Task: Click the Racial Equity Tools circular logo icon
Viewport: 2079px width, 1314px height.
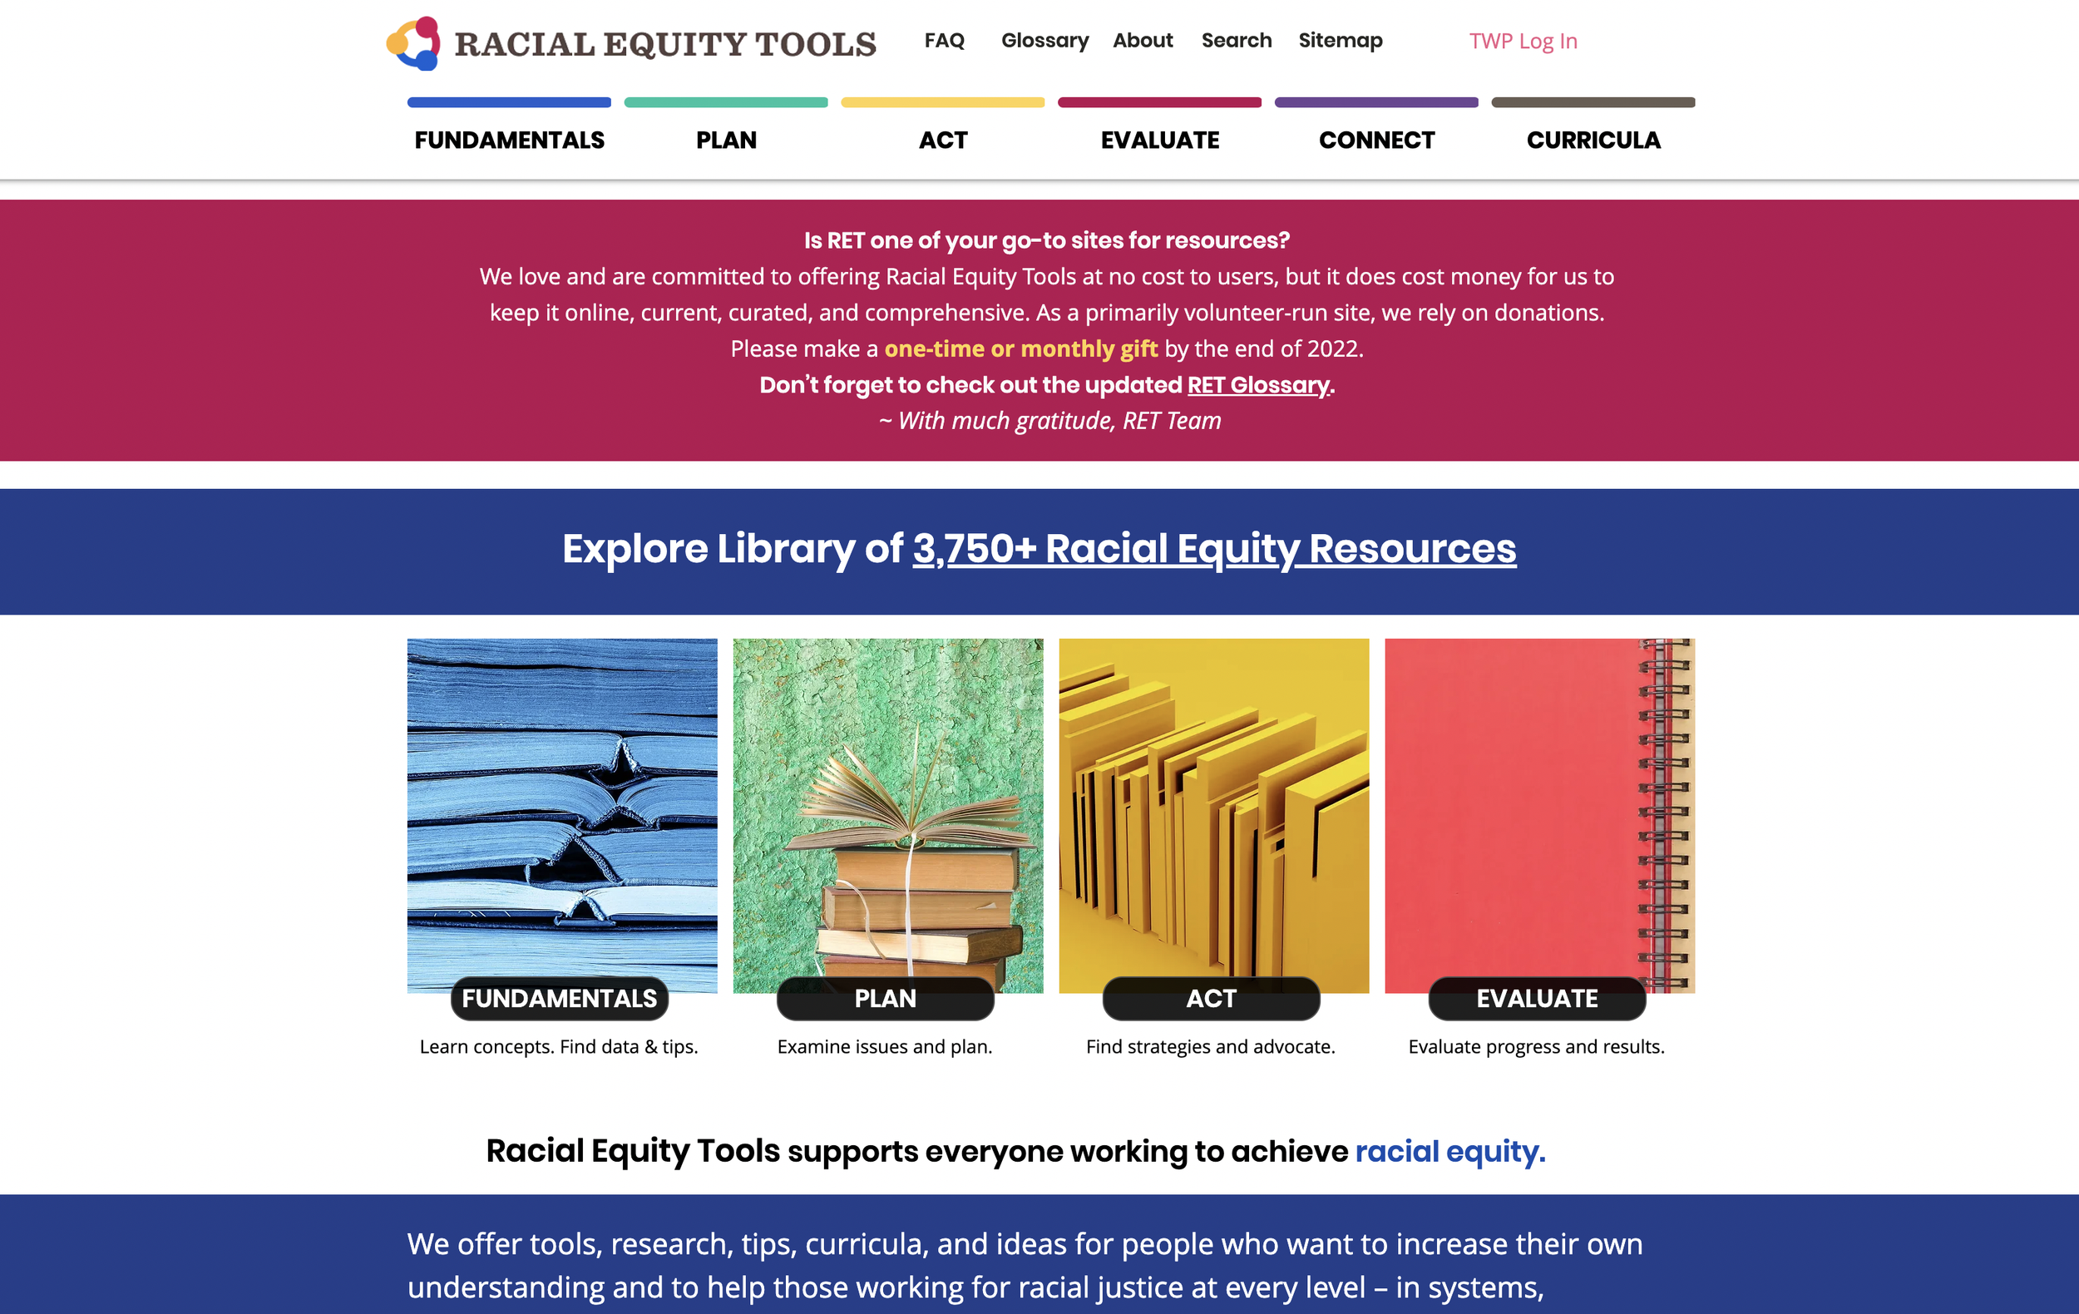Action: [413, 43]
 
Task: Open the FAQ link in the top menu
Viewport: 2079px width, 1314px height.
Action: [944, 41]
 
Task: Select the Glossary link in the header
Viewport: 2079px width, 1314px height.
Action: [1044, 41]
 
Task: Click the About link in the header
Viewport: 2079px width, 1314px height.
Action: [1143, 41]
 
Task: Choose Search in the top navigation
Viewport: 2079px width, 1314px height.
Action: [1237, 41]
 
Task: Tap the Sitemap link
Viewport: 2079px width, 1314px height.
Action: [1340, 41]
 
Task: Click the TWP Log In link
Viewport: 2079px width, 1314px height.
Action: [1523, 42]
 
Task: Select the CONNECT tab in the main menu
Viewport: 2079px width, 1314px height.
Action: [1376, 140]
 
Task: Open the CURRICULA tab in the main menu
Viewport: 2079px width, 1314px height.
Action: [1593, 140]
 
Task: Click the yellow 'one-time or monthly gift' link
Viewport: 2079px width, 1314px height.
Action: [1020, 348]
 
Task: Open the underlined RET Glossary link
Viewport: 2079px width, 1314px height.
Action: [1258, 385]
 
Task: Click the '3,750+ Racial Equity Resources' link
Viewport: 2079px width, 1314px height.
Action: [1214, 549]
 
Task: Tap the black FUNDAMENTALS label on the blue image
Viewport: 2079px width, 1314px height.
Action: [560, 998]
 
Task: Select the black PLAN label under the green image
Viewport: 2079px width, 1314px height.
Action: [885, 998]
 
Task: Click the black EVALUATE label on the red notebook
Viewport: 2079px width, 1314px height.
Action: [1537, 998]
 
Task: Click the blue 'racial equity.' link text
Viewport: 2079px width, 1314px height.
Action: [1449, 1151]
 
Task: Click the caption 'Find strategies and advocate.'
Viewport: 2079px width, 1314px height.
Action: [1211, 1046]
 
